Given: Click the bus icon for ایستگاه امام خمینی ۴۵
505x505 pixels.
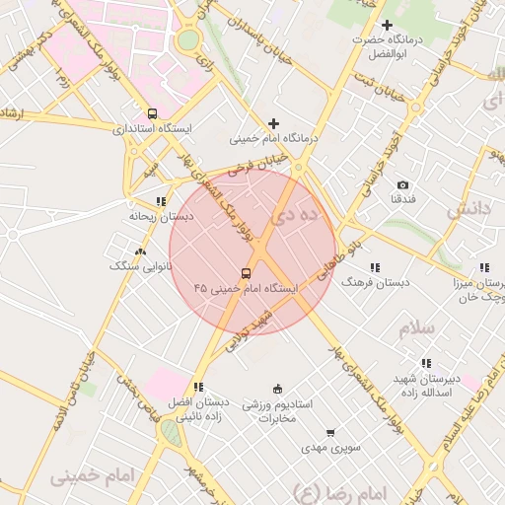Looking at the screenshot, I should click(246, 273).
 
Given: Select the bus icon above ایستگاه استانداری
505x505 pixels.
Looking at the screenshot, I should click(151, 113).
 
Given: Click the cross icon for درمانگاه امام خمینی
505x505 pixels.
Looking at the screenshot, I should click(273, 123).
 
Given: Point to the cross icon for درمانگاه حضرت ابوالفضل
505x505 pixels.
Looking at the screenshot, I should click(387, 25).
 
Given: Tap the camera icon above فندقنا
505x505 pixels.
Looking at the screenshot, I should click(402, 184).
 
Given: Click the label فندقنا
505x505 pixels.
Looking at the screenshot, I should click(402, 199).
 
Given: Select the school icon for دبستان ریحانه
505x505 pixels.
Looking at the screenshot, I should click(161, 201).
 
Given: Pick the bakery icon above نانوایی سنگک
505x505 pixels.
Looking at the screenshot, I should click(140, 252).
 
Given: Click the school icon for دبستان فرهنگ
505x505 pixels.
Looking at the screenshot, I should click(374, 267).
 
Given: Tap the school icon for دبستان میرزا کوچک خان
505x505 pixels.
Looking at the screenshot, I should click(483, 267).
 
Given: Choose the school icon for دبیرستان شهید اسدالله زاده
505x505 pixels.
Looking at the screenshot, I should click(426, 363).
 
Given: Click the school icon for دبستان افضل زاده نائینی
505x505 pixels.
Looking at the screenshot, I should click(198, 388).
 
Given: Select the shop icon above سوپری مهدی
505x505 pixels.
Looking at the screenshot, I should click(329, 433).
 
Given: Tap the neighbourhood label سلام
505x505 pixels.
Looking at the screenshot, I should click(417, 328).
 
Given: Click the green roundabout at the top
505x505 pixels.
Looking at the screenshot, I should click(187, 39).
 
